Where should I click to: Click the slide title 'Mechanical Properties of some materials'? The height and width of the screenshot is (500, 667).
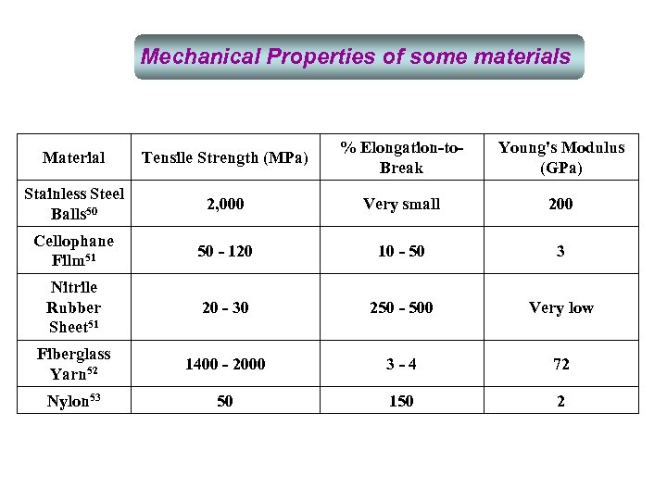356,56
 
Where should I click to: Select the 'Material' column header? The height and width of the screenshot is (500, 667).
74,158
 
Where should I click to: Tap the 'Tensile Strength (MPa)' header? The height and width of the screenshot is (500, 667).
225,157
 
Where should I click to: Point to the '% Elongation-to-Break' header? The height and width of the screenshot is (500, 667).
401,157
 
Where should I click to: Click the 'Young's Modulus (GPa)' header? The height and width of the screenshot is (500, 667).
560,157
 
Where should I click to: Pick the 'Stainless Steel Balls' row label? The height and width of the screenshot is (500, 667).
74,204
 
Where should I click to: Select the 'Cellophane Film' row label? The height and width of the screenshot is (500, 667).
74,251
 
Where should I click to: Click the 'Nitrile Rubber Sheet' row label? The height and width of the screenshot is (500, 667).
74,307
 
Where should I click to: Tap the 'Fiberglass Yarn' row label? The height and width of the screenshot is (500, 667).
74,364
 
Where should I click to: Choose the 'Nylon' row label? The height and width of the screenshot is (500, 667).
74,401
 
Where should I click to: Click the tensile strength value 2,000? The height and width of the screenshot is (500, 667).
225,204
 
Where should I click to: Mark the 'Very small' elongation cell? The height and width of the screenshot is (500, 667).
401,204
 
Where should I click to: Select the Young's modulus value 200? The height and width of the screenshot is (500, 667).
560,204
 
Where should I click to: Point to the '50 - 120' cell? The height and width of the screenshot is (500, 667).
225,252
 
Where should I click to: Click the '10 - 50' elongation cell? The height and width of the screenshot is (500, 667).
401,252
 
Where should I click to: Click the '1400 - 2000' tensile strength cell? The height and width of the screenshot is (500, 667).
225,365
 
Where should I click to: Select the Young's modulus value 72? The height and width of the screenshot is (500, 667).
560,365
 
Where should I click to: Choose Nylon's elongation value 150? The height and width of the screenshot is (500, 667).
401,401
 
